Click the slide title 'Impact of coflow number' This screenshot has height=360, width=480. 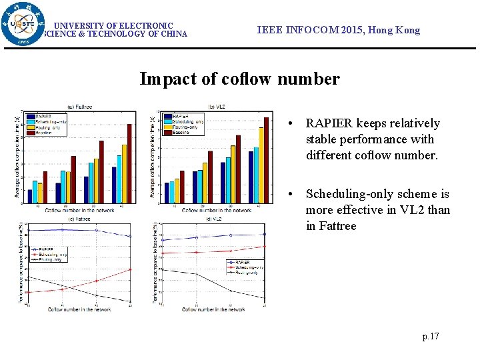point(239,79)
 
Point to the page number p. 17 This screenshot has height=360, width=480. point(431,336)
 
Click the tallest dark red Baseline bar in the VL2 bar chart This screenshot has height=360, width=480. point(266,160)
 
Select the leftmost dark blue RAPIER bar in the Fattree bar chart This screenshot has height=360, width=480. point(29,196)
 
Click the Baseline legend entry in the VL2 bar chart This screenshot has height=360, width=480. point(181,133)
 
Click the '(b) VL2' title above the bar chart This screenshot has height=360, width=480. point(216,107)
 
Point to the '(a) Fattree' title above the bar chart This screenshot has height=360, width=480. point(80,107)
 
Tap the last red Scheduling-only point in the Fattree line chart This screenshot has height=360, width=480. point(130,269)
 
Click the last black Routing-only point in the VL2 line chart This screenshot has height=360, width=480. point(265,298)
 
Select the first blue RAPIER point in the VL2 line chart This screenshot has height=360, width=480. point(163,240)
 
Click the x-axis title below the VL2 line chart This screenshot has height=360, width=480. point(213,309)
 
